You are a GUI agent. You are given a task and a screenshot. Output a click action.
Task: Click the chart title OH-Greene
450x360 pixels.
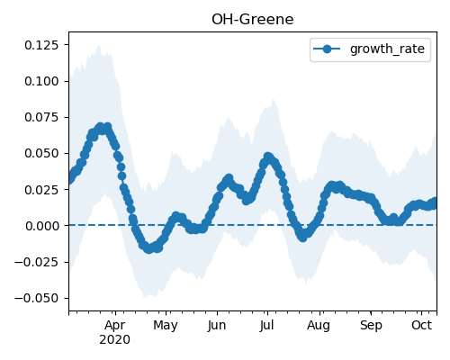tap(252, 20)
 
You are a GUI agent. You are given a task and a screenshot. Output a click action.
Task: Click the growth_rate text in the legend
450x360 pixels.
tap(387, 49)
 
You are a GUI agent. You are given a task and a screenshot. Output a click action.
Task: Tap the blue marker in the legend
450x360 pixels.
tap(327, 49)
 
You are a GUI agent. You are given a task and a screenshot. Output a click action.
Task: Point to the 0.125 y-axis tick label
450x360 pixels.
tap(41, 45)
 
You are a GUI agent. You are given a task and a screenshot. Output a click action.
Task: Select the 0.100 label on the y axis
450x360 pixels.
tap(41, 81)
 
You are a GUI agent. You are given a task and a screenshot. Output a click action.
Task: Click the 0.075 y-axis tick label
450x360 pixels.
tap(41, 117)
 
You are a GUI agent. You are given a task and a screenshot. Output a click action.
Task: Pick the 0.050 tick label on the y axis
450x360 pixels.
tap(41, 153)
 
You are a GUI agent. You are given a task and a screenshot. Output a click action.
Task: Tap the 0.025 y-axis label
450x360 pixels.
tap(41, 190)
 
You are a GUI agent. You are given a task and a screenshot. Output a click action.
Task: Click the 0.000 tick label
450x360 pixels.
tap(41, 226)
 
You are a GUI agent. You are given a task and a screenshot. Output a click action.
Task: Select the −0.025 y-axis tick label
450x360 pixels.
tap(37, 262)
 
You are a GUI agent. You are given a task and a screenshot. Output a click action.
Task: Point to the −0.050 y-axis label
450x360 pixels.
tap(37, 298)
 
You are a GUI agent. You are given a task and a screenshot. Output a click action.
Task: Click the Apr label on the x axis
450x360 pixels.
tap(115, 325)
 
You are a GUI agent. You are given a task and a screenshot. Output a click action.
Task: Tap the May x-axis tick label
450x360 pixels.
tap(166, 325)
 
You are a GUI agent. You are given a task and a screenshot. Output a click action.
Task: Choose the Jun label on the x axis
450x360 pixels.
tap(217, 325)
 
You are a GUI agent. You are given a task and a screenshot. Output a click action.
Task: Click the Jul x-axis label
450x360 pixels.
tap(266, 325)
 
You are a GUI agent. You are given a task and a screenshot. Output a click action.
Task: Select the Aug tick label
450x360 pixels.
tap(319, 325)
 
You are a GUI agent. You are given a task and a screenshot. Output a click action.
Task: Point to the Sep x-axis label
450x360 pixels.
tap(371, 325)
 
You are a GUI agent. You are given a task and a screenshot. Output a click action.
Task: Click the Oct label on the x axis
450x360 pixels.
tap(421, 325)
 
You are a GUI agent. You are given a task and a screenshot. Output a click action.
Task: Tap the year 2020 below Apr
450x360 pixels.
tap(115, 339)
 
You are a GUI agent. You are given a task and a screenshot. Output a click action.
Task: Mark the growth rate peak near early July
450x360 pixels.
tap(268, 157)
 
